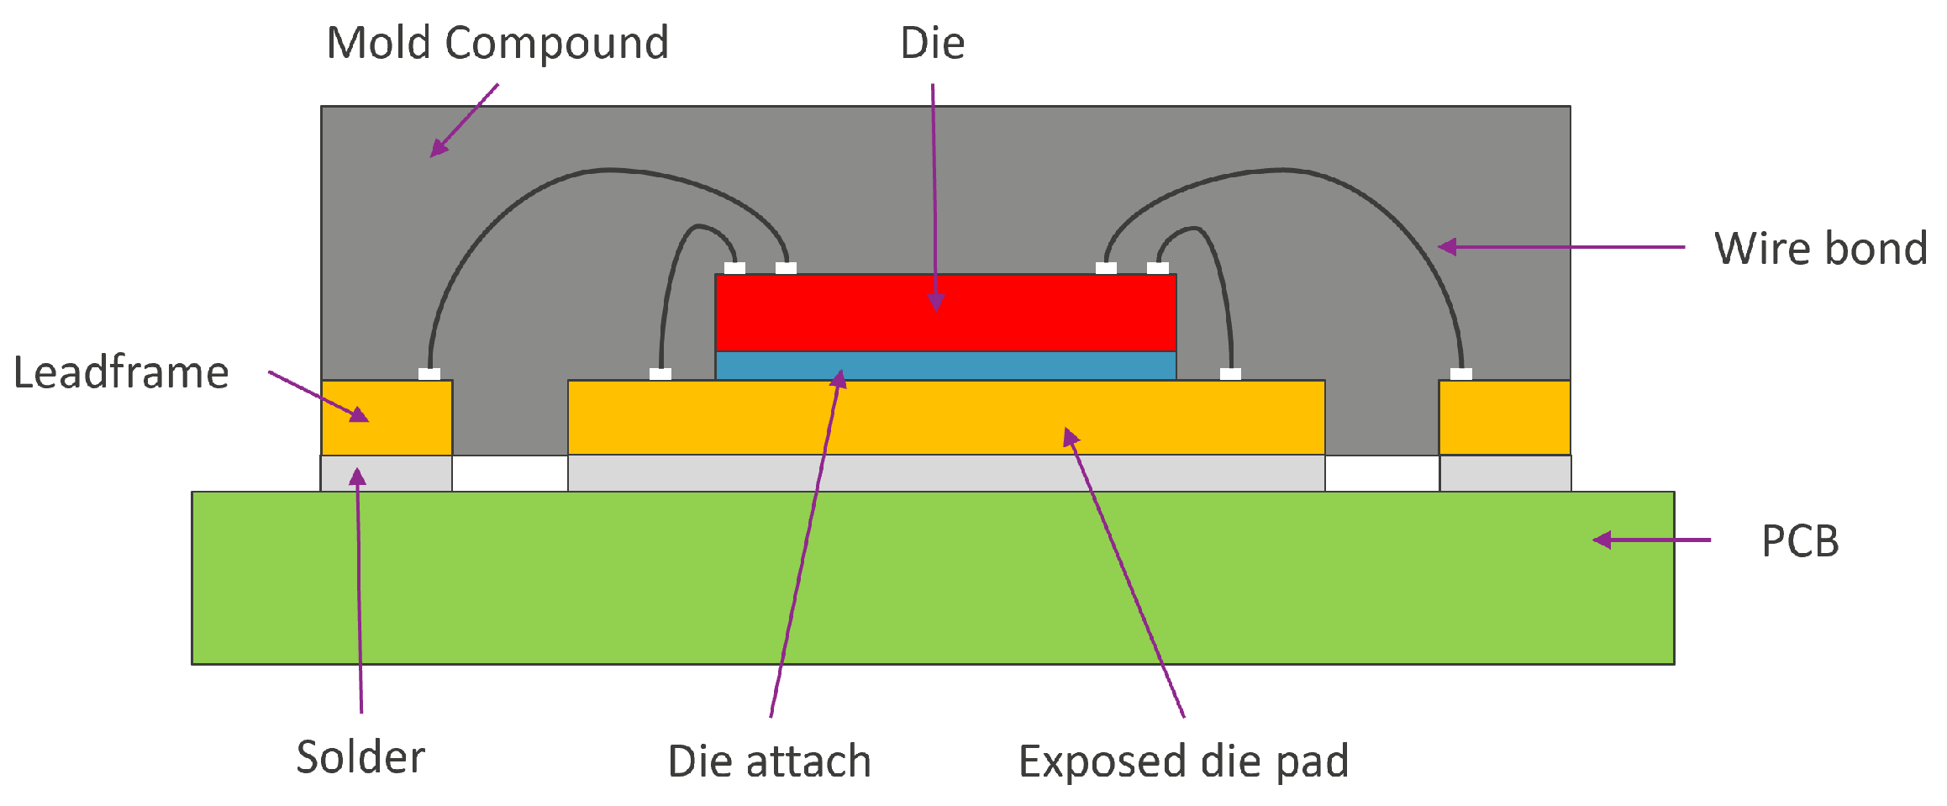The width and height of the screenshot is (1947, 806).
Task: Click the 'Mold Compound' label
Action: click(497, 44)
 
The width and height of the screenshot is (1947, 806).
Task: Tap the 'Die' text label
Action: click(932, 44)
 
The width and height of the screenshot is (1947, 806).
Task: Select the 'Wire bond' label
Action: click(1820, 249)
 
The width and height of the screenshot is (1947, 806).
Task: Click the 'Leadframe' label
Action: click(121, 372)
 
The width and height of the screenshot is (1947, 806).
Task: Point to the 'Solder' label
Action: click(360, 757)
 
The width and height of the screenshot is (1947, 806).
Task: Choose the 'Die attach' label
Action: click(769, 761)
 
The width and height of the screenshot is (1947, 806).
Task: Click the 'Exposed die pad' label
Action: click(1183, 761)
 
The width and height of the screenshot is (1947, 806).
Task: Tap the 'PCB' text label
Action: click(1800, 541)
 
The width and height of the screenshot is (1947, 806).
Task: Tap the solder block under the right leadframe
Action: click(1505, 473)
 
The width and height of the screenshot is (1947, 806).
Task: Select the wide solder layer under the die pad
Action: click(946, 473)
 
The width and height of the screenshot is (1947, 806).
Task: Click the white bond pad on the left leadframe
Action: click(429, 374)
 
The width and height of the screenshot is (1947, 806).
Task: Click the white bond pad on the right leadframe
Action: click(1461, 374)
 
